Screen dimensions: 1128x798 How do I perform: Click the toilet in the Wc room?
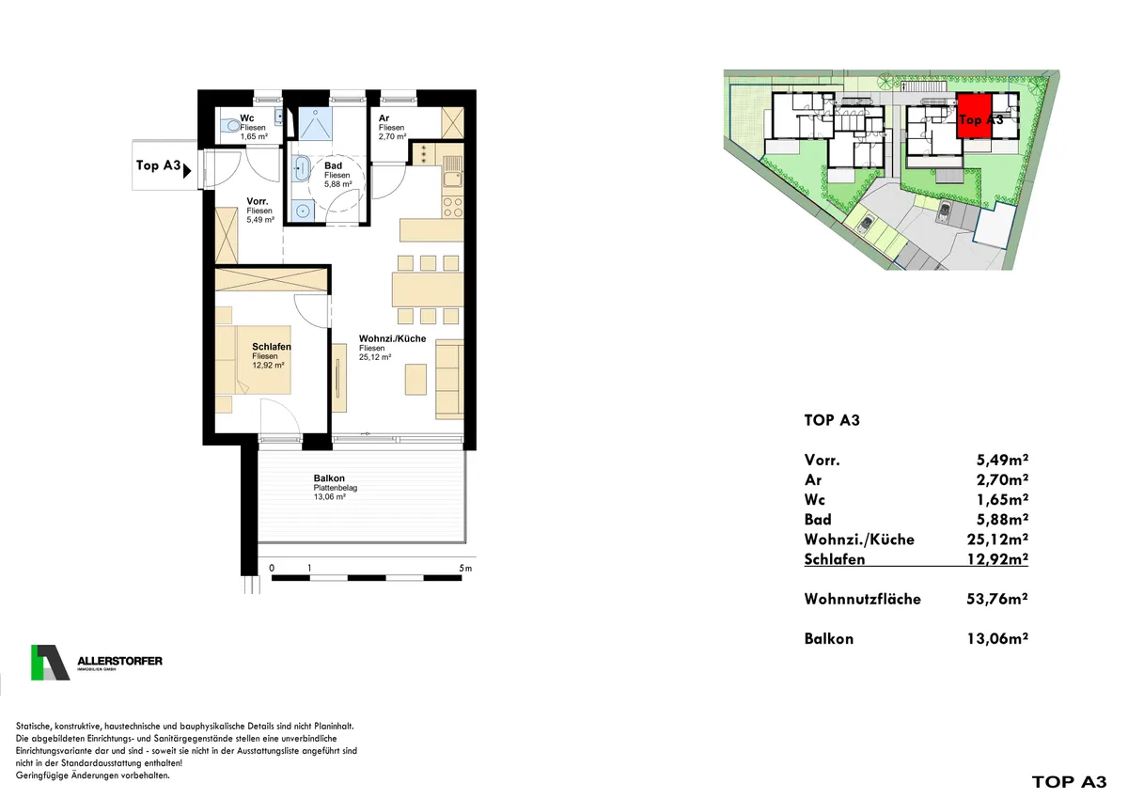tap(232, 125)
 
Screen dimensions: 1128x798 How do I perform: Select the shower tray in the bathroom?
tap(316, 123)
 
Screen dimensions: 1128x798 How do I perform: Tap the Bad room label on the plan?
tap(334, 165)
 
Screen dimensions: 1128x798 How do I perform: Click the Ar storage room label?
tap(384, 118)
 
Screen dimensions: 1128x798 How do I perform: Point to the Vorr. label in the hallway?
tap(258, 201)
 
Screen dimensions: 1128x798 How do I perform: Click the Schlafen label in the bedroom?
tap(272, 347)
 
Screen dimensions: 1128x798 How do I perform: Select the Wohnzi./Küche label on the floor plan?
tap(392, 338)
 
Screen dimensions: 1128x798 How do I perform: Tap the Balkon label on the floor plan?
tap(329, 478)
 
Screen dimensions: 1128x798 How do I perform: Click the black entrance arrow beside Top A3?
tap(187, 171)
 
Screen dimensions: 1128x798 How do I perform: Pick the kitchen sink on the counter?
tap(452, 171)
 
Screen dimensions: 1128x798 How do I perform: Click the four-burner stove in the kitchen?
tap(452, 207)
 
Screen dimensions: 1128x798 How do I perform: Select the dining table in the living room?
tap(428, 289)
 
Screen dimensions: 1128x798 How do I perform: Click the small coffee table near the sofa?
tap(415, 380)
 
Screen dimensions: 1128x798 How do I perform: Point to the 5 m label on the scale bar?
tap(465, 569)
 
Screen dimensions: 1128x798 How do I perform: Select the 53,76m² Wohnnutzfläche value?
tap(997, 599)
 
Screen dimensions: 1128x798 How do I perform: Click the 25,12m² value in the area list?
tap(997, 540)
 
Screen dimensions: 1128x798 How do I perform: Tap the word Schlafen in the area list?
tap(835, 559)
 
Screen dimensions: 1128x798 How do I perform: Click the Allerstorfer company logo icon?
tap(50, 663)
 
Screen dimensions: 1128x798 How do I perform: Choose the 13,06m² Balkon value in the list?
tap(997, 638)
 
